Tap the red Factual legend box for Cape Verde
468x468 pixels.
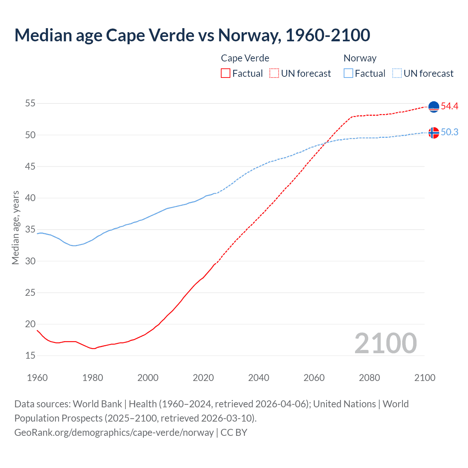[x=226, y=73]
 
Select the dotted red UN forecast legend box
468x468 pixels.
[x=274, y=73]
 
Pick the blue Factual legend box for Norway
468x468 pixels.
[x=348, y=73]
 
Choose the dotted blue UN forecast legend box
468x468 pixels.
[x=397, y=73]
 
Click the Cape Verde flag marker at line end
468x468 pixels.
[x=434, y=106]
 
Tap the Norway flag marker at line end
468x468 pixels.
[x=434, y=132]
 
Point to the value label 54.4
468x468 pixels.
[x=449, y=106]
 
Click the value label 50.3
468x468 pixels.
[x=449, y=132]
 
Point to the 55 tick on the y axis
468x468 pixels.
[x=30, y=103]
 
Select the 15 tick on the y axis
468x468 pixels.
[x=30, y=355]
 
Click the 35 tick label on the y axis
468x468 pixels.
[x=30, y=230]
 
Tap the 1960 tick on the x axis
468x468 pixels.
[x=37, y=378]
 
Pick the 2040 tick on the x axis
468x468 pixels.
[x=258, y=378]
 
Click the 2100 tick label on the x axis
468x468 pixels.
[x=424, y=378]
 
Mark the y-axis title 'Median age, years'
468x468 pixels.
[x=15, y=227]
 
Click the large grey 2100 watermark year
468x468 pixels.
[x=385, y=343]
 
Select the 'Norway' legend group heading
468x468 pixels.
[x=360, y=58]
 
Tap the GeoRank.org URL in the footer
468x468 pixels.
[x=114, y=433]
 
